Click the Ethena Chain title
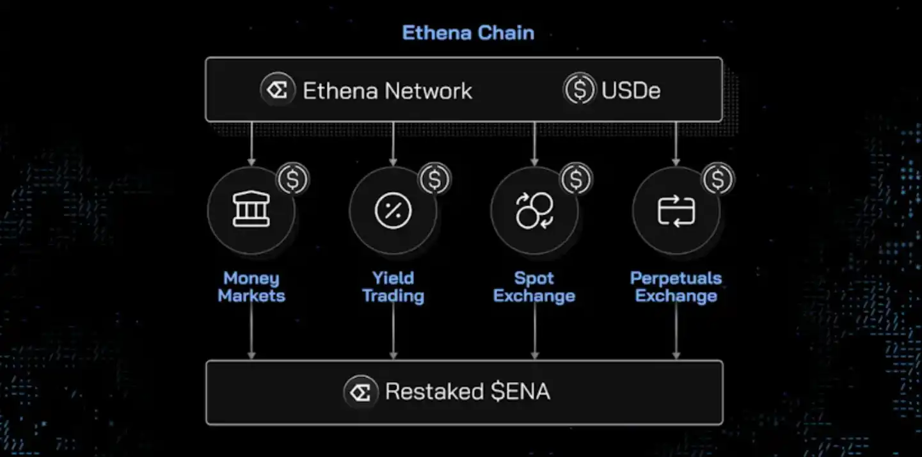[468, 33]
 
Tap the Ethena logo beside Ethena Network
[278, 90]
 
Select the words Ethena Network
[387, 90]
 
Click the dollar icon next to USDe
[580, 90]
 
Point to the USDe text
[631, 90]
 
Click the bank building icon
[251, 211]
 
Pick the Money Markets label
[251, 287]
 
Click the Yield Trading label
[393, 287]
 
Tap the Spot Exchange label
[534, 287]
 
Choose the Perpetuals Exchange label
[676, 287]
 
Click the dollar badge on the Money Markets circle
[293, 180]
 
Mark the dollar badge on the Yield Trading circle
[435, 180]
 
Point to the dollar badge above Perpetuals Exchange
[719, 180]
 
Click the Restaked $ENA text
[467, 392]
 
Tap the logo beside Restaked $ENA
[360, 392]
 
